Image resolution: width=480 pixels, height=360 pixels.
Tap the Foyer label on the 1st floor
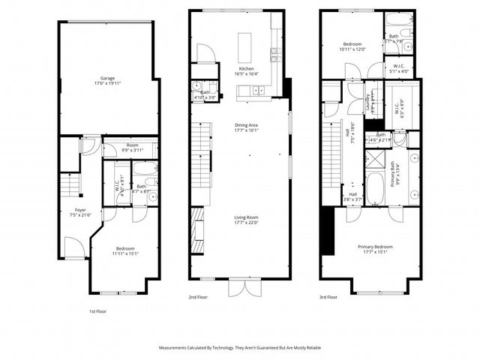(79, 210)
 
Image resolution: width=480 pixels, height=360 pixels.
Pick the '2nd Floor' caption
(198, 297)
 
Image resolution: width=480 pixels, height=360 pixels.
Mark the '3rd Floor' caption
(328, 297)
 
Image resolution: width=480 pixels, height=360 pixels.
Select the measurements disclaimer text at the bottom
(240, 348)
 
